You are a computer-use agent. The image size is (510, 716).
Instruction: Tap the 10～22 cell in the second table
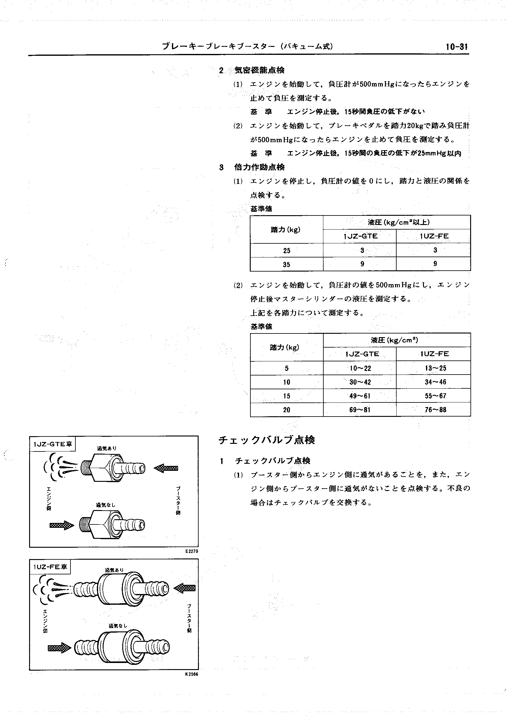360,368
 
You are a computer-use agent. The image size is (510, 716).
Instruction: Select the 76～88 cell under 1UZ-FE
435,409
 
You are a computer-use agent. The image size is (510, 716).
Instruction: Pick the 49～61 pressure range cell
360,396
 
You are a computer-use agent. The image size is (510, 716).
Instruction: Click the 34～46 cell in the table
435,382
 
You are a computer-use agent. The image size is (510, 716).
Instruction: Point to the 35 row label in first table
286,265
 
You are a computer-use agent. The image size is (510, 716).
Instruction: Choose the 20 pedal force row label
286,409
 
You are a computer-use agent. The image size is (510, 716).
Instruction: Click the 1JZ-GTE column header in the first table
360,236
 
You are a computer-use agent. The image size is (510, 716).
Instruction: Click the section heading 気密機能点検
259,70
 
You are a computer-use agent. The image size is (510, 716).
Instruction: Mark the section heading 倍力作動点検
259,167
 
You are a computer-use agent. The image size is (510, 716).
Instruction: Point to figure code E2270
192,551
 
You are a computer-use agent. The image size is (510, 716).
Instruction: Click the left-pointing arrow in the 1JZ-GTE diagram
166,468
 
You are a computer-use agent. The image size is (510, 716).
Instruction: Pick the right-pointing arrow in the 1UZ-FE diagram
59,648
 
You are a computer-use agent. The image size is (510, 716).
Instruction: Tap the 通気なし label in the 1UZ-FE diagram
118,626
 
